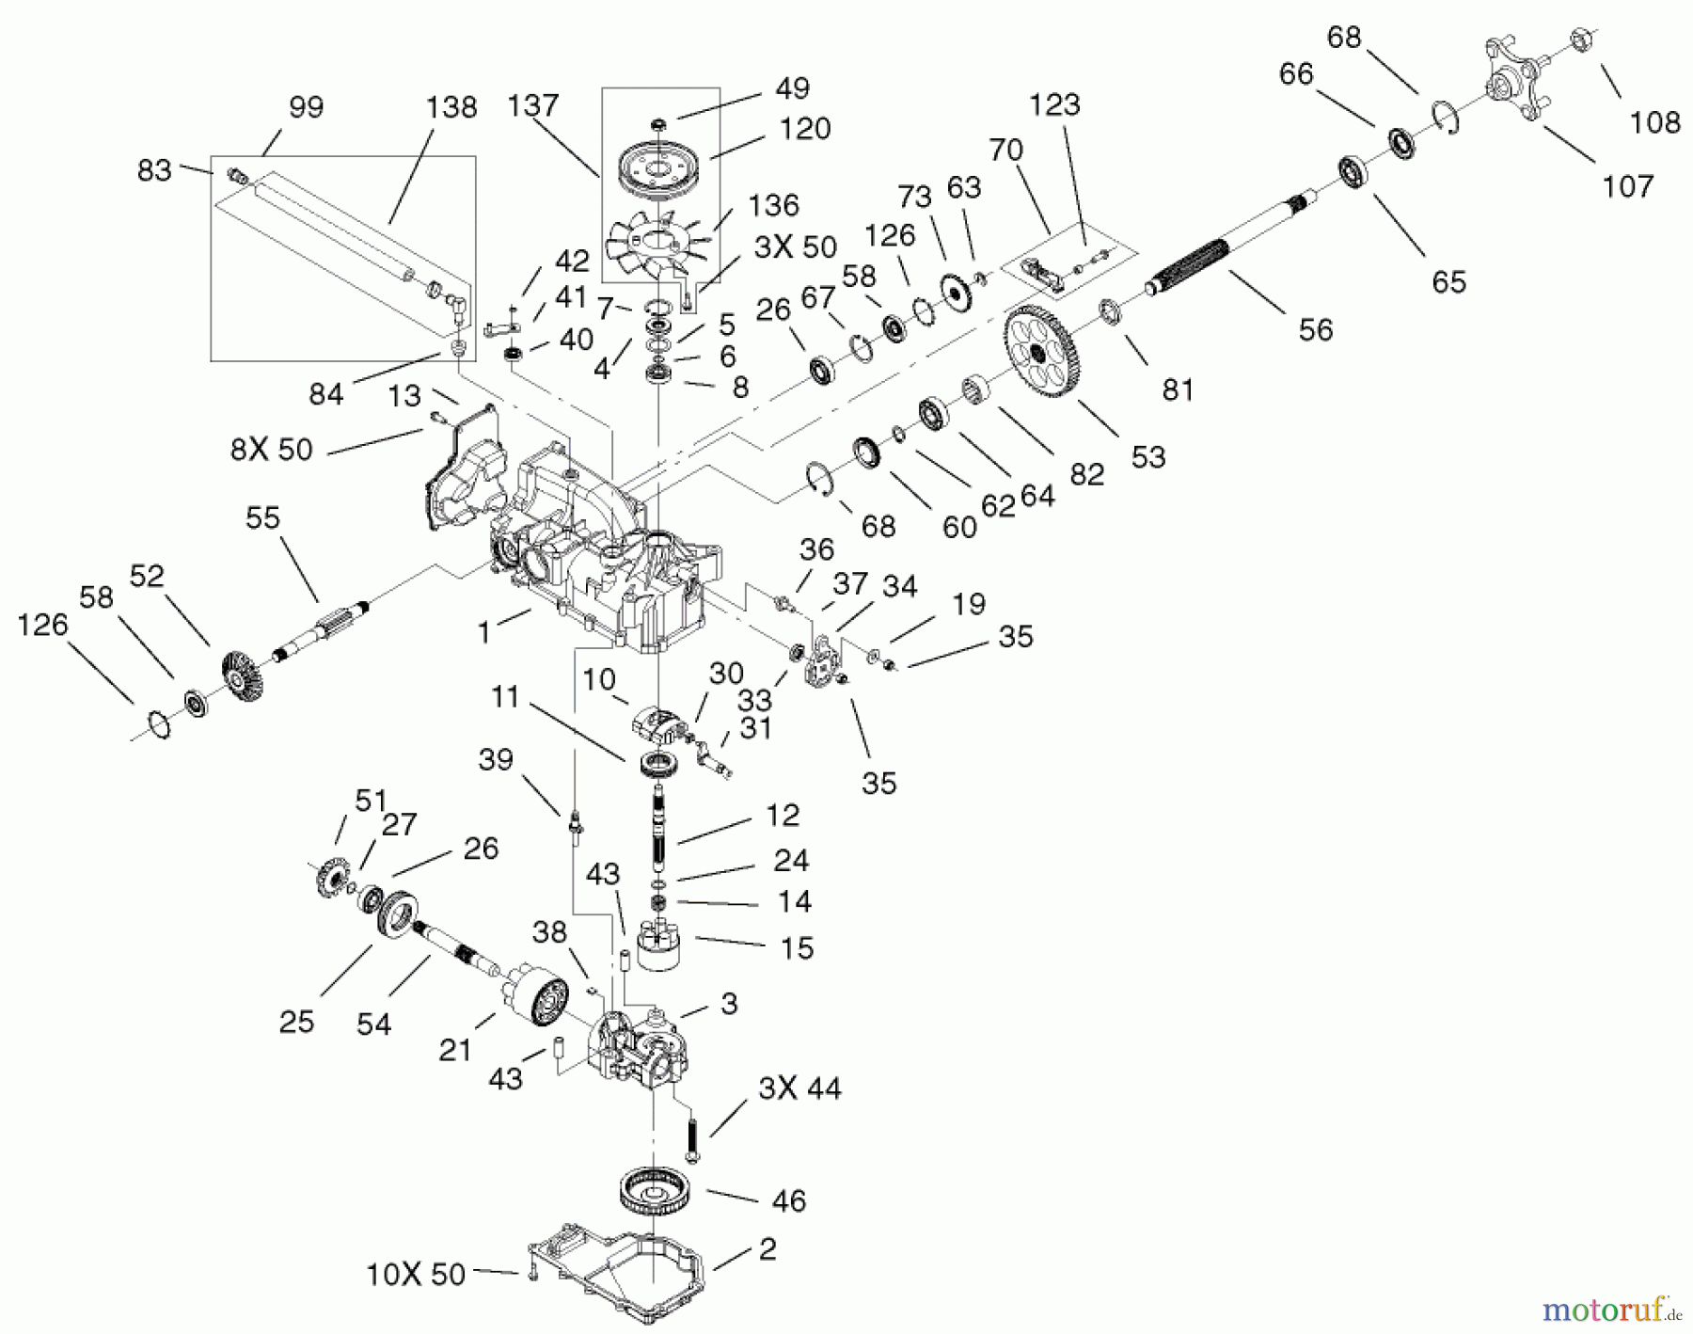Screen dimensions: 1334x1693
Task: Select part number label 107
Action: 1628,186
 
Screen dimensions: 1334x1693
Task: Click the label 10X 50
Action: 415,1274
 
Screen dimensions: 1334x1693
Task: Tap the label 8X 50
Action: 272,449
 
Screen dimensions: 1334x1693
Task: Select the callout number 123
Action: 1054,104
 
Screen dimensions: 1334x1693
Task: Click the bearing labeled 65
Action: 1354,175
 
